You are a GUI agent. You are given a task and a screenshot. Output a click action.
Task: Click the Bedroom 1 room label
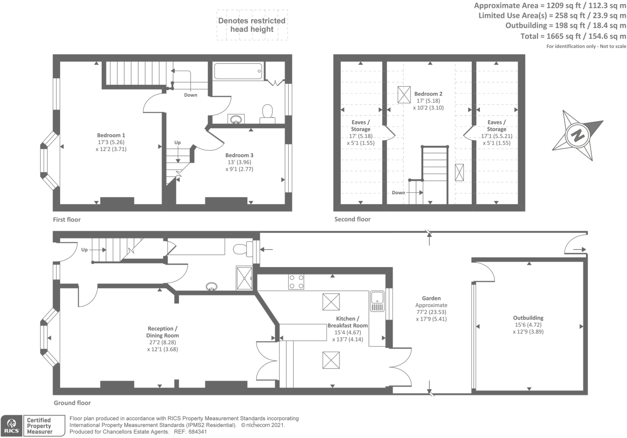click(111, 135)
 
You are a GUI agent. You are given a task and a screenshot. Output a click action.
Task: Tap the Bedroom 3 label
click(239, 155)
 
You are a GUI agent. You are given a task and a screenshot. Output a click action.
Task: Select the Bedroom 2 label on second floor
click(428, 94)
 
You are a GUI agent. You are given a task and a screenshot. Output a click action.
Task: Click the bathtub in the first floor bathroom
click(238, 71)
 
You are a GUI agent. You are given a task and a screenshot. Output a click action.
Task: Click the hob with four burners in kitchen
click(296, 282)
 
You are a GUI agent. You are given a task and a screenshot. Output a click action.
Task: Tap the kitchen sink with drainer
click(377, 301)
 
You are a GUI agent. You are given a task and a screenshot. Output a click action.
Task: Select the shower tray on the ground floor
click(244, 278)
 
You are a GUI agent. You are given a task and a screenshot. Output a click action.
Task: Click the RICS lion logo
click(11, 425)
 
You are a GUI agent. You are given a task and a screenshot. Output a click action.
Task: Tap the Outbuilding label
click(528, 318)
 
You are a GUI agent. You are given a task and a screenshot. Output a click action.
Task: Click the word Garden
click(431, 298)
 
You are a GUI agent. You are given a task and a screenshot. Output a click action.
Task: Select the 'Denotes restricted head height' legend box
click(252, 25)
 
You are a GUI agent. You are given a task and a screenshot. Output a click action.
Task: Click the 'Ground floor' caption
click(72, 403)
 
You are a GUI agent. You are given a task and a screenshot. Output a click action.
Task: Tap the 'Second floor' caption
click(353, 219)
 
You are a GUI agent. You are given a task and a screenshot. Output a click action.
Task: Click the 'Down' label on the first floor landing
click(191, 95)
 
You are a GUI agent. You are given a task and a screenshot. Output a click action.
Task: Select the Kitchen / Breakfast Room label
click(348, 322)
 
